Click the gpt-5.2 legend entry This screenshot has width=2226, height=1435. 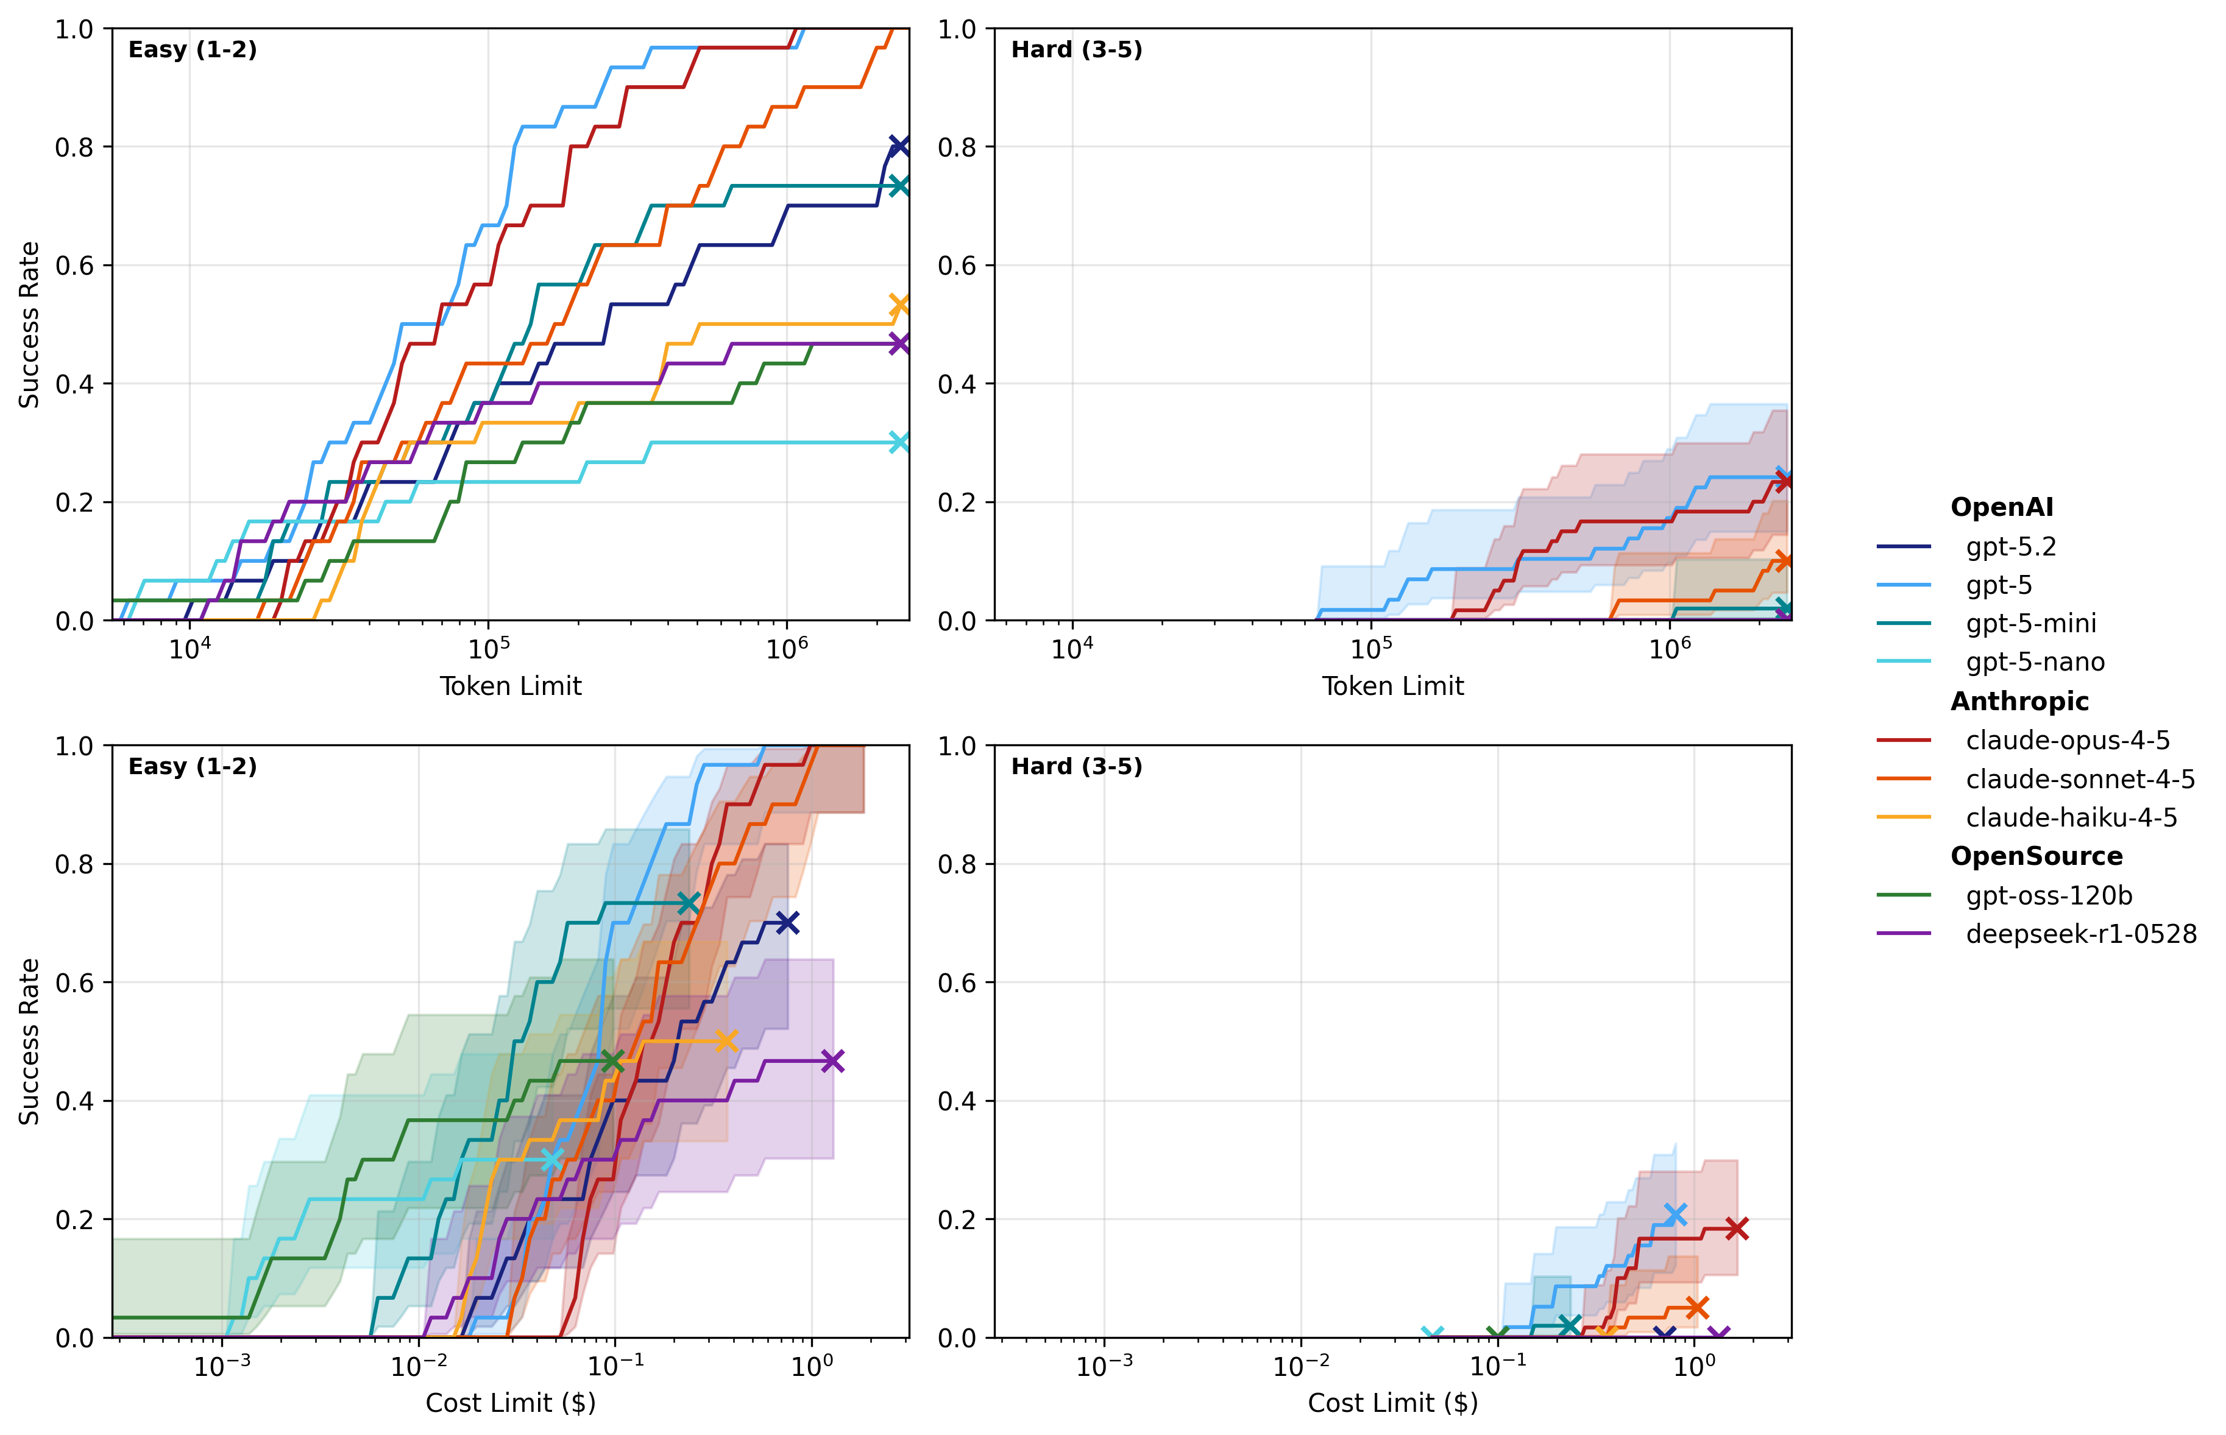click(x=2010, y=547)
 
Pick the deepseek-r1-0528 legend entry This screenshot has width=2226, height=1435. click(x=2080, y=934)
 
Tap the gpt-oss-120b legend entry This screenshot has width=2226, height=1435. click(x=2048, y=895)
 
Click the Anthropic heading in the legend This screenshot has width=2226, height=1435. click(x=2019, y=702)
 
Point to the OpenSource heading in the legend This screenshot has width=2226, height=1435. click(x=2036, y=856)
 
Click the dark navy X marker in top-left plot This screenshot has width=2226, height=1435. click(x=899, y=146)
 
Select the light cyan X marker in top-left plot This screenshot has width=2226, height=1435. click(x=899, y=442)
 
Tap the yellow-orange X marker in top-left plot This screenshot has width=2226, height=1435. click(x=899, y=306)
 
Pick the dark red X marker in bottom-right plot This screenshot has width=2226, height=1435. click(x=1735, y=1228)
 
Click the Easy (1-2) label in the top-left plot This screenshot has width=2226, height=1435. click(x=192, y=49)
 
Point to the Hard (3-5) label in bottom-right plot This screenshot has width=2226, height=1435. click(x=1077, y=767)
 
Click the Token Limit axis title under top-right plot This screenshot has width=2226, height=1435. click(x=1392, y=687)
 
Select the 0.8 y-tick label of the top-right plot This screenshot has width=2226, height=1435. click(x=957, y=147)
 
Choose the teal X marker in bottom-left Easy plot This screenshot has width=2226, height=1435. click(x=688, y=903)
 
